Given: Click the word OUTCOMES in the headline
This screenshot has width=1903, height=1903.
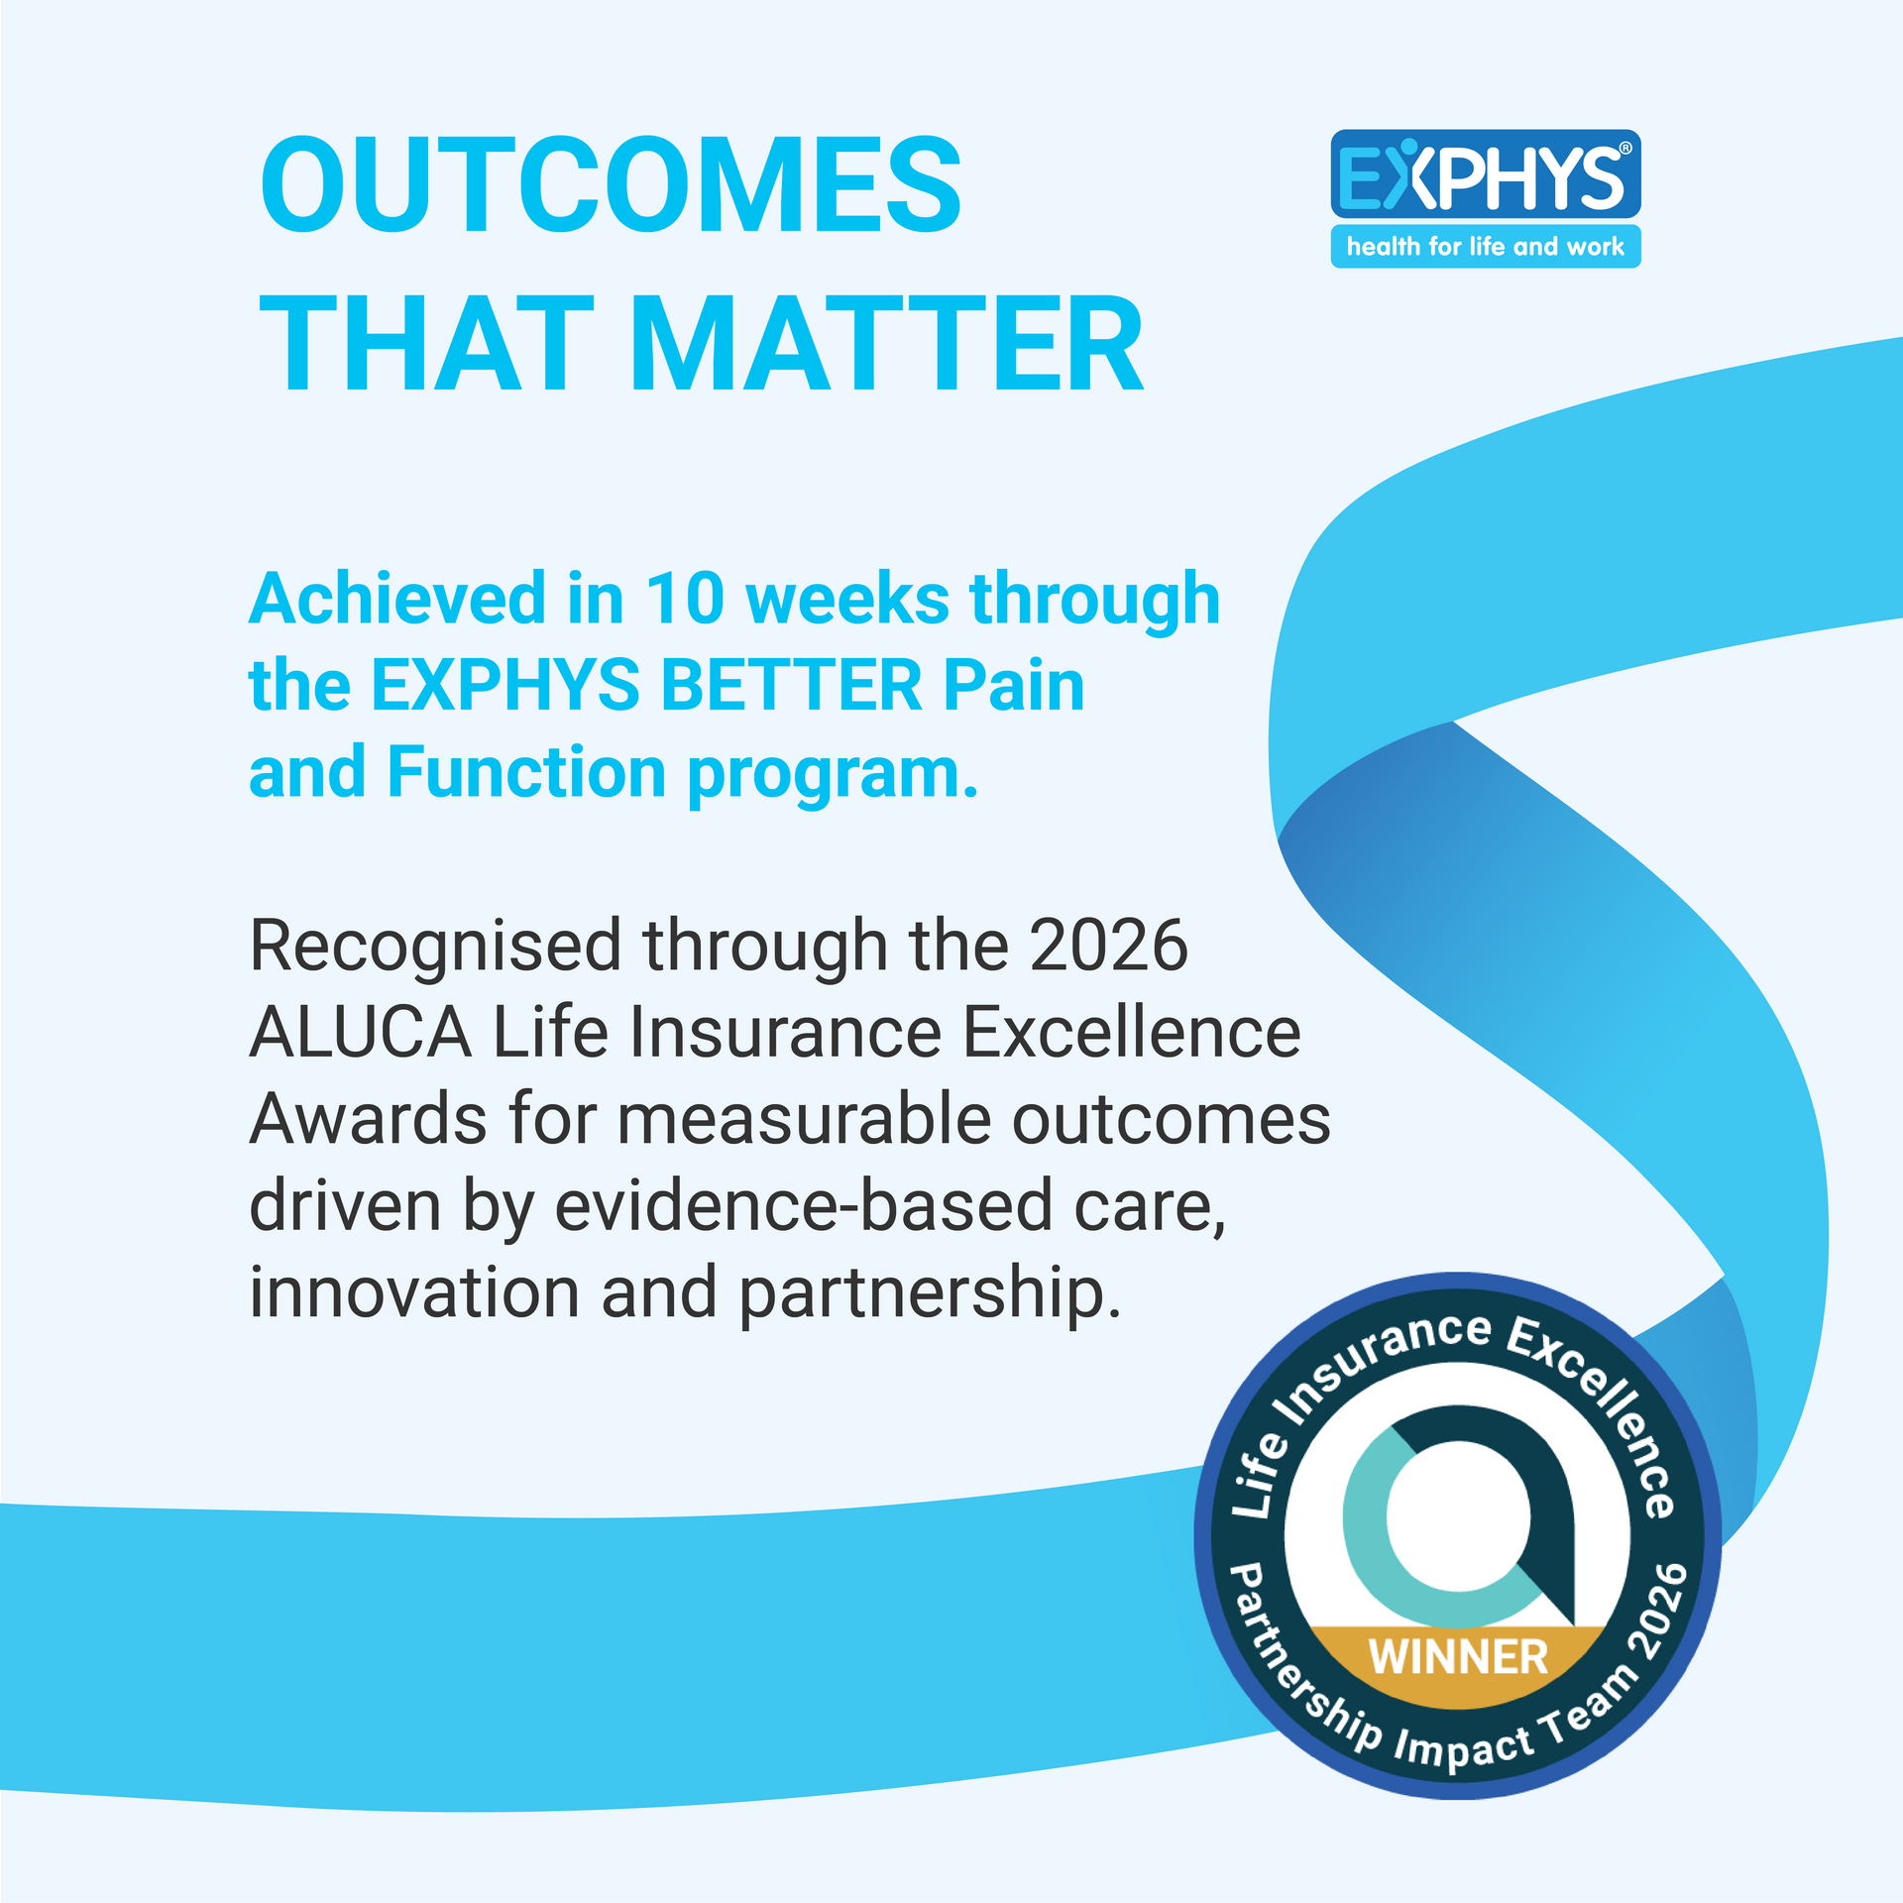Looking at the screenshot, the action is pyautogui.click(x=611, y=185).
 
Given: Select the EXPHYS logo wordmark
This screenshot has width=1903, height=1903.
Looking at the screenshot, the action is pyautogui.click(x=1485, y=176).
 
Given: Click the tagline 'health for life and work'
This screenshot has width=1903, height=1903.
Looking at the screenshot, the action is pyautogui.click(x=1485, y=246).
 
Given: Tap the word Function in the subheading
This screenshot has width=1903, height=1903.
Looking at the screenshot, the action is pyautogui.click(x=526, y=772).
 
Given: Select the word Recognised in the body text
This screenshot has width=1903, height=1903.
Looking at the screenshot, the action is pyautogui.click(x=435, y=946).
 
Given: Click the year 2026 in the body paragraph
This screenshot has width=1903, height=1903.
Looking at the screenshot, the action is pyautogui.click(x=1108, y=946).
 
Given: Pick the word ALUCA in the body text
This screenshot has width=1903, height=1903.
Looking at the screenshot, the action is pyautogui.click(x=361, y=1033).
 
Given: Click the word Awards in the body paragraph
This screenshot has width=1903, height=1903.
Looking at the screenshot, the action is pyautogui.click(x=368, y=1120).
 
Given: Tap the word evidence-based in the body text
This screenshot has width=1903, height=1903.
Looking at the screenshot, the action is pyautogui.click(x=802, y=1206).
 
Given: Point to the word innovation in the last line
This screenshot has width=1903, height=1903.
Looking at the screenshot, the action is pyautogui.click(x=414, y=1293).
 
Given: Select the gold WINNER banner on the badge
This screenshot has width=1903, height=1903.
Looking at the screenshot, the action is pyautogui.click(x=1458, y=1657).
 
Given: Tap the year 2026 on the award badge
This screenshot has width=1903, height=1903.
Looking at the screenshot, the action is pyautogui.click(x=1659, y=1613).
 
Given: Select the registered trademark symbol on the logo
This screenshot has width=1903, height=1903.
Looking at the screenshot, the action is pyautogui.click(x=1624, y=150).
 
